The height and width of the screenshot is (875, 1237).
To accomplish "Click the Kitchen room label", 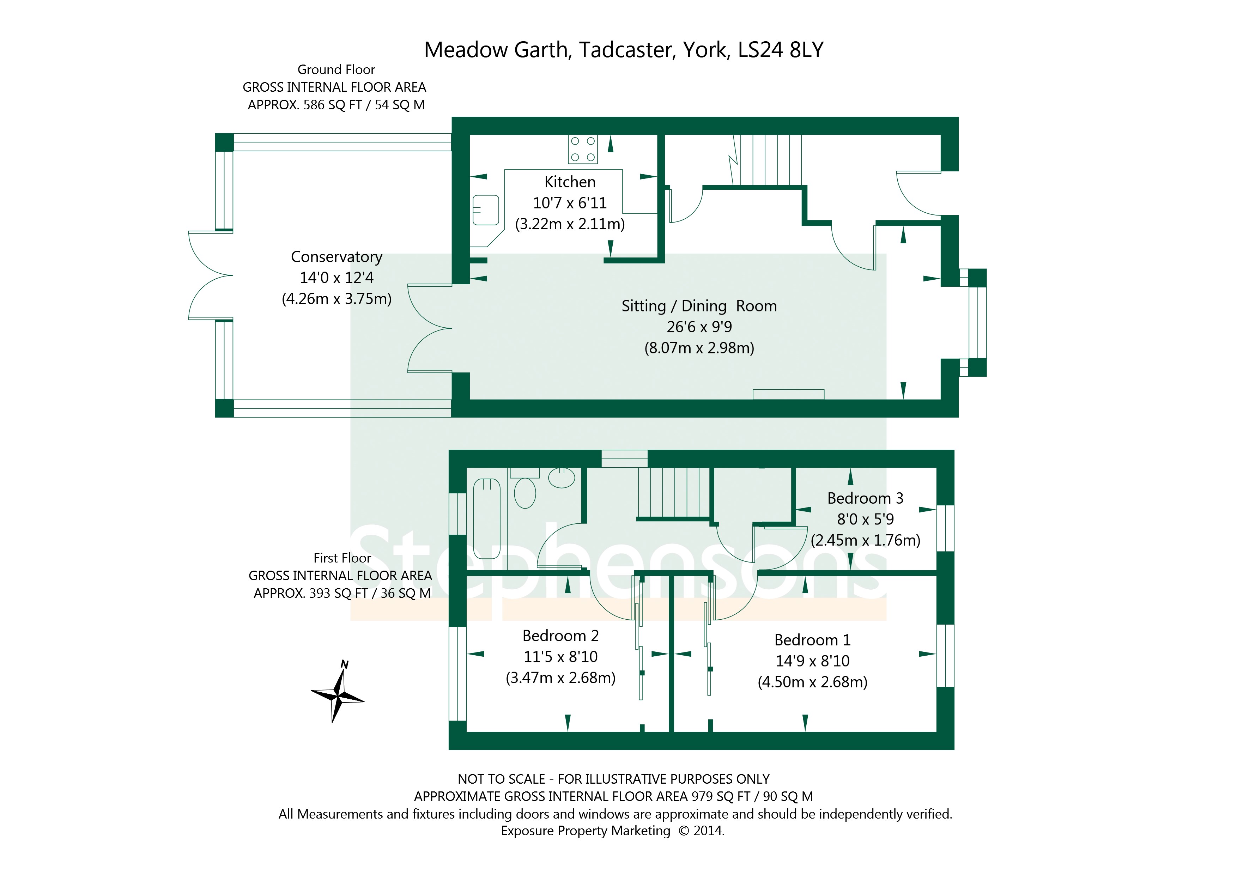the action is click(x=570, y=182).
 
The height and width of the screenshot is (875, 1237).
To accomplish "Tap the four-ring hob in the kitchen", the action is click(x=582, y=149).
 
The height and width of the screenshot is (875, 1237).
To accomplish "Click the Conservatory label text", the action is click(x=337, y=257).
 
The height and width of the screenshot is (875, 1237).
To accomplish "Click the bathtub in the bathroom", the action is click(x=486, y=518).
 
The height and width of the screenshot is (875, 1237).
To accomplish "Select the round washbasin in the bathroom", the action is click(x=562, y=478).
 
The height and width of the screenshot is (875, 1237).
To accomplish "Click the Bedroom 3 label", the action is click(x=865, y=498).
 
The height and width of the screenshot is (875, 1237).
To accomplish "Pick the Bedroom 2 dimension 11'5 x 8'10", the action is click(x=560, y=656).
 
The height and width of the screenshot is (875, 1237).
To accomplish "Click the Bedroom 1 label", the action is click(x=812, y=640).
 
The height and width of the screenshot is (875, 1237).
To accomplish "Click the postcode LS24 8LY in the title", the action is click(x=781, y=50).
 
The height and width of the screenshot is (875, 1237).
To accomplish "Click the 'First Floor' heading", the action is click(x=342, y=558).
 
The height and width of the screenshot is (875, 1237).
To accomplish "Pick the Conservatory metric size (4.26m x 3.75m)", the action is click(x=337, y=299).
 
